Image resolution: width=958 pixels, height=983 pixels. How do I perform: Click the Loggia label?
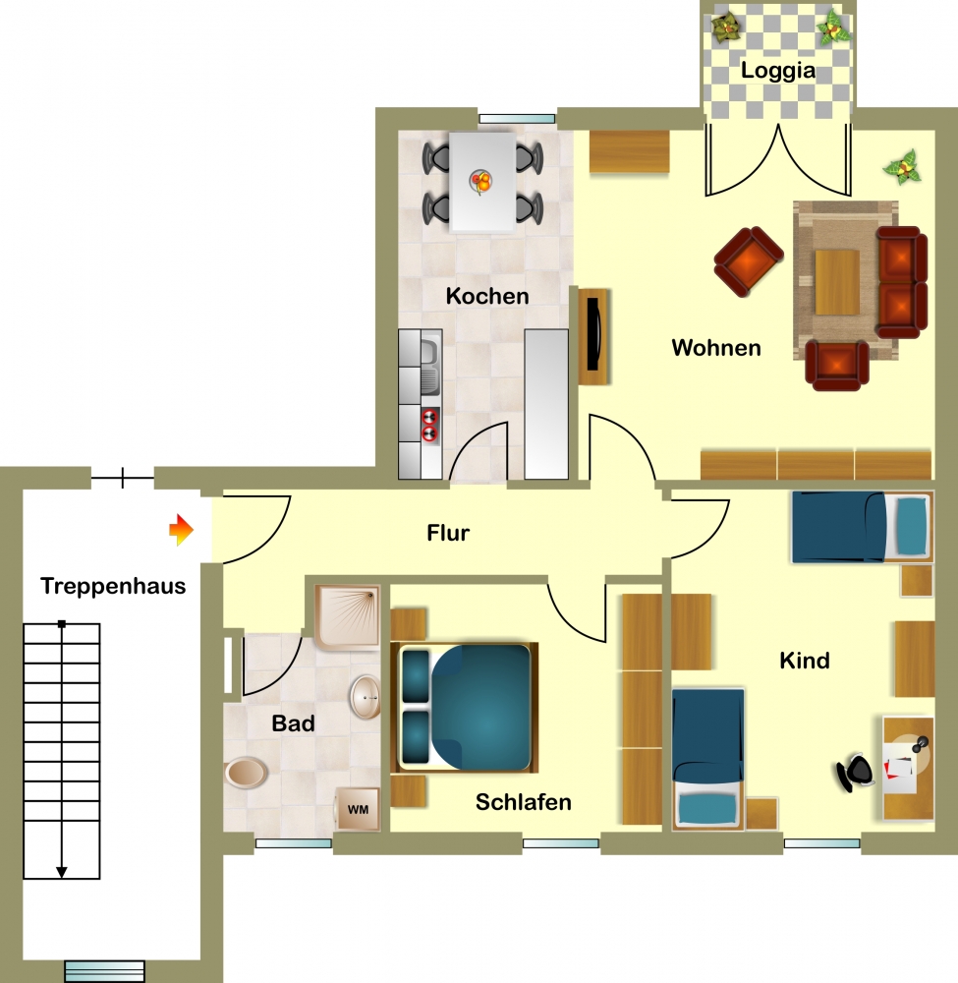click(778, 71)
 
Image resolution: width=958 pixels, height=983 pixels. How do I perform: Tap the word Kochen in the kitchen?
click(487, 296)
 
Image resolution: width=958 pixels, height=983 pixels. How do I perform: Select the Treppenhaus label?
click(113, 586)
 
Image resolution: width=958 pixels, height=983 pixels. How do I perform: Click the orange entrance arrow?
click(181, 530)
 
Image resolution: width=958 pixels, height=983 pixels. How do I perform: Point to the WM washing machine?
click(357, 809)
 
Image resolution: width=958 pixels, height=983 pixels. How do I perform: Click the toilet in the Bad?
click(247, 773)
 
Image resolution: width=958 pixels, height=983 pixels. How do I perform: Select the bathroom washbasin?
click(366, 697)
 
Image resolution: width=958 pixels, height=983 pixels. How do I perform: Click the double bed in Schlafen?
click(465, 707)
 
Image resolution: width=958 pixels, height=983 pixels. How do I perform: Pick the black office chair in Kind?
click(855, 773)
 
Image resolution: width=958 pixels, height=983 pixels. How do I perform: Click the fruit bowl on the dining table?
click(481, 182)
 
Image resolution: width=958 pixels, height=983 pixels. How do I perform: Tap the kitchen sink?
click(429, 368)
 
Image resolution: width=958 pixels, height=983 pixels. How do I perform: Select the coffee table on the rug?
click(837, 281)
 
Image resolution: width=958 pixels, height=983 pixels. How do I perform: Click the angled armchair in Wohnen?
click(749, 260)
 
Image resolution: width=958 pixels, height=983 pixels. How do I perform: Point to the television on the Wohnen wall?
click(593, 335)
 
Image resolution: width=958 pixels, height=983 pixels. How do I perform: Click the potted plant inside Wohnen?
click(902, 167)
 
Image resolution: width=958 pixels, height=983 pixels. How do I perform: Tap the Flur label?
click(448, 533)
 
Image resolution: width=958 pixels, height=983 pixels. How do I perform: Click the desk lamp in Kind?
click(920, 745)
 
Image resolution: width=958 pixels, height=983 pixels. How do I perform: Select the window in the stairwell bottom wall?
click(104, 971)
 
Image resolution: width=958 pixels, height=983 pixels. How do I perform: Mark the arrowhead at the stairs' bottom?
click(61, 872)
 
